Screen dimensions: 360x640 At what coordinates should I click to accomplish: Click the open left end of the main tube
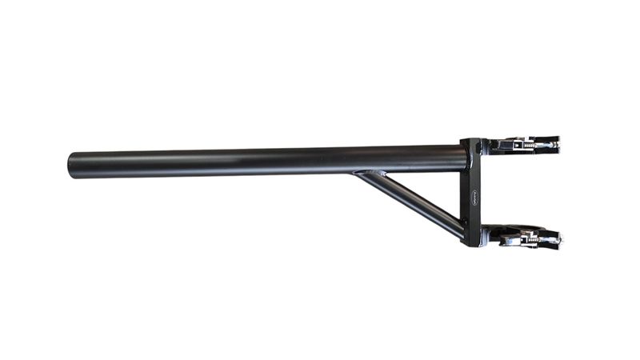pos(71,166)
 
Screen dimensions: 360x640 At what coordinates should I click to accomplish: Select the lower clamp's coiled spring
pos(530,238)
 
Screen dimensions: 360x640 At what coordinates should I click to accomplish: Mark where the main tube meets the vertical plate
pos(463,157)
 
